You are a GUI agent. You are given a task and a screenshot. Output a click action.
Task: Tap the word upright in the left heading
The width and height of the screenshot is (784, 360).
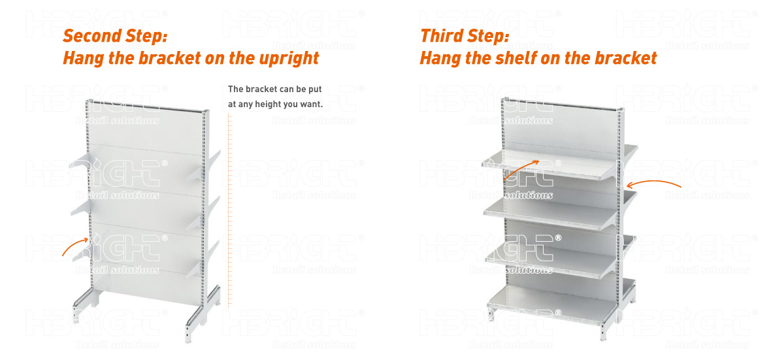click(x=289, y=59)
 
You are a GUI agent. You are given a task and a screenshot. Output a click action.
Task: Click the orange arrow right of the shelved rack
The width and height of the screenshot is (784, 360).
click(x=653, y=183)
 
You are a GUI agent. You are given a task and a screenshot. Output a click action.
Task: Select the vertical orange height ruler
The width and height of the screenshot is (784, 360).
click(x=230, y=209)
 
